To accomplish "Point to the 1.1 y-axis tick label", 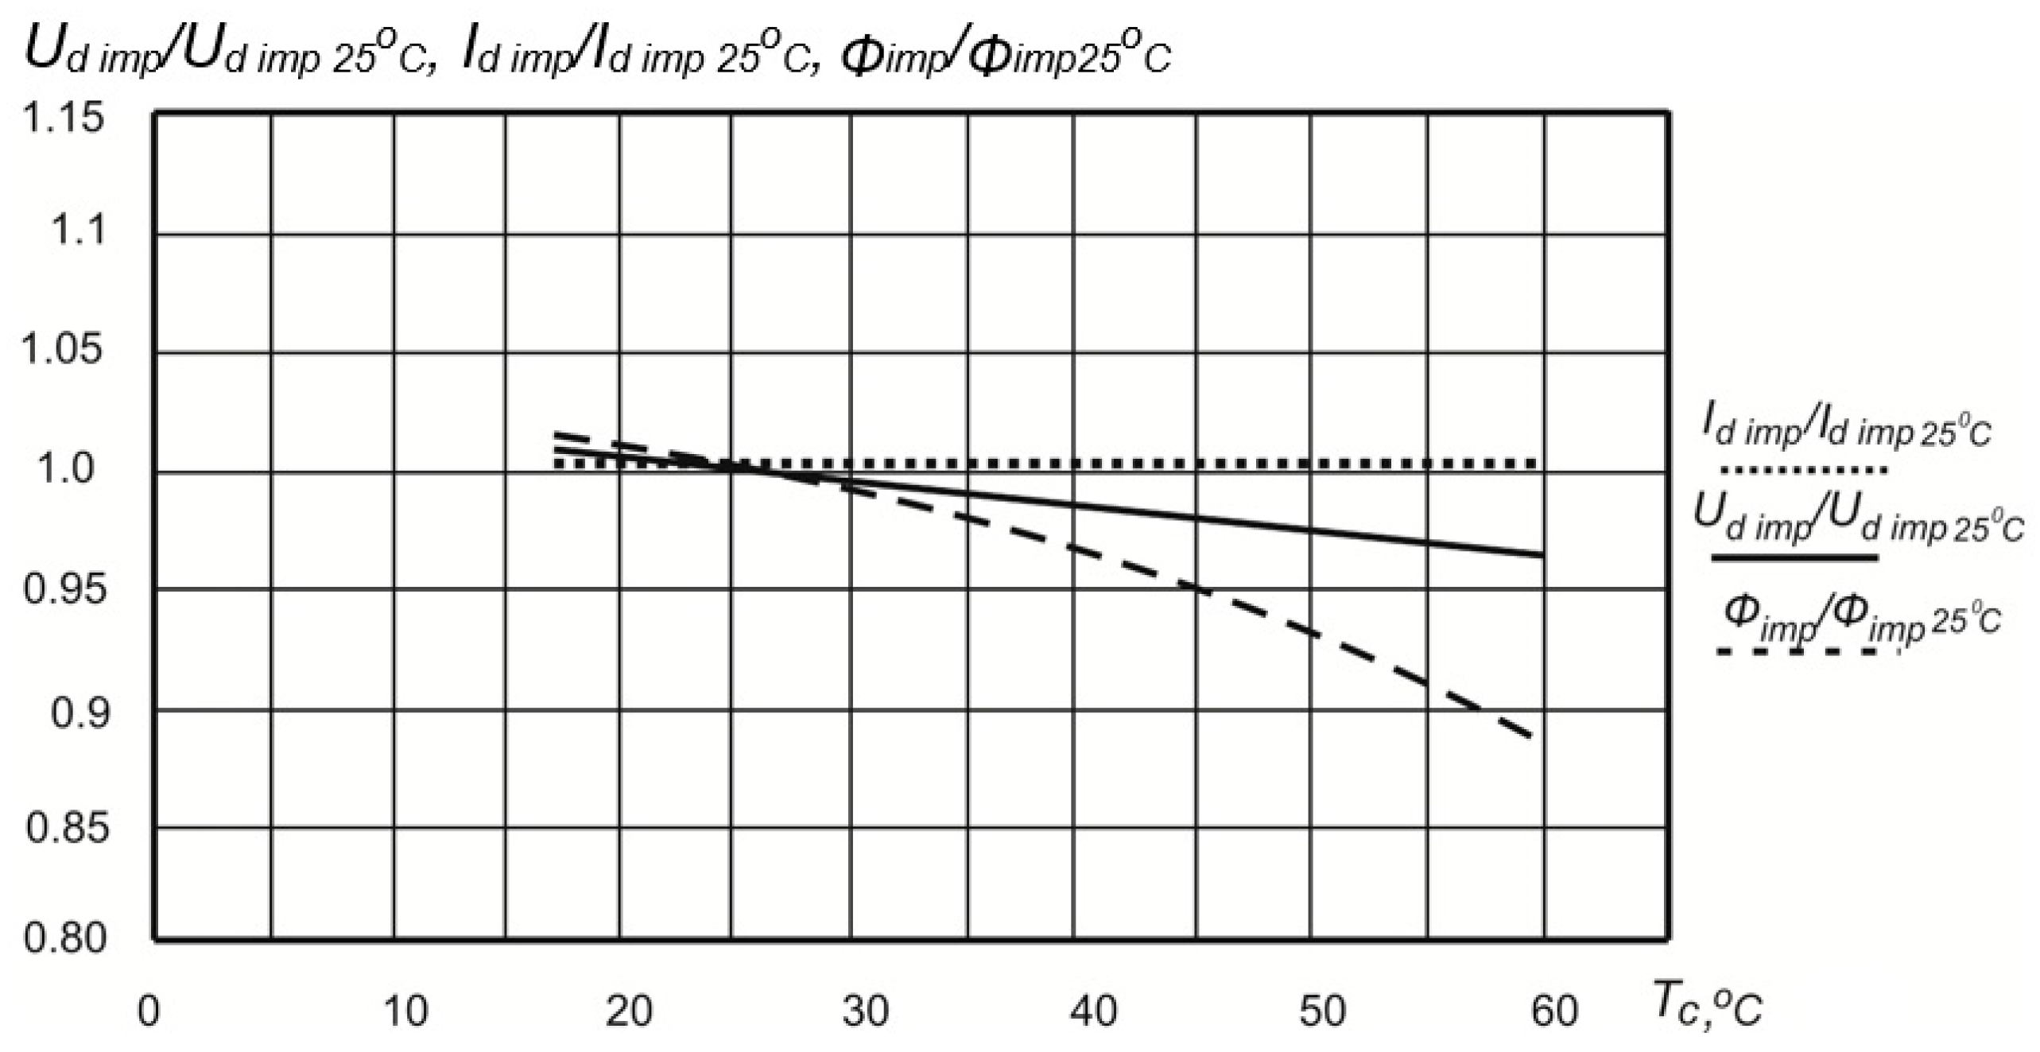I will pos(78,231).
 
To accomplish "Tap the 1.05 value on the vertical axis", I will pos(62,349).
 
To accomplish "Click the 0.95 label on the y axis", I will pos(64,589).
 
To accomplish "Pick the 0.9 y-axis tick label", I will pos(78,713).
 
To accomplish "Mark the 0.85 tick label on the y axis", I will pos(67,828).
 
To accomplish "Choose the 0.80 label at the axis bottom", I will pos(64,938).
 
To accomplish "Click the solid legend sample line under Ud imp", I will pos(1795,557).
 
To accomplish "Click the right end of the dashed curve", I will pos(1530,736).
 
